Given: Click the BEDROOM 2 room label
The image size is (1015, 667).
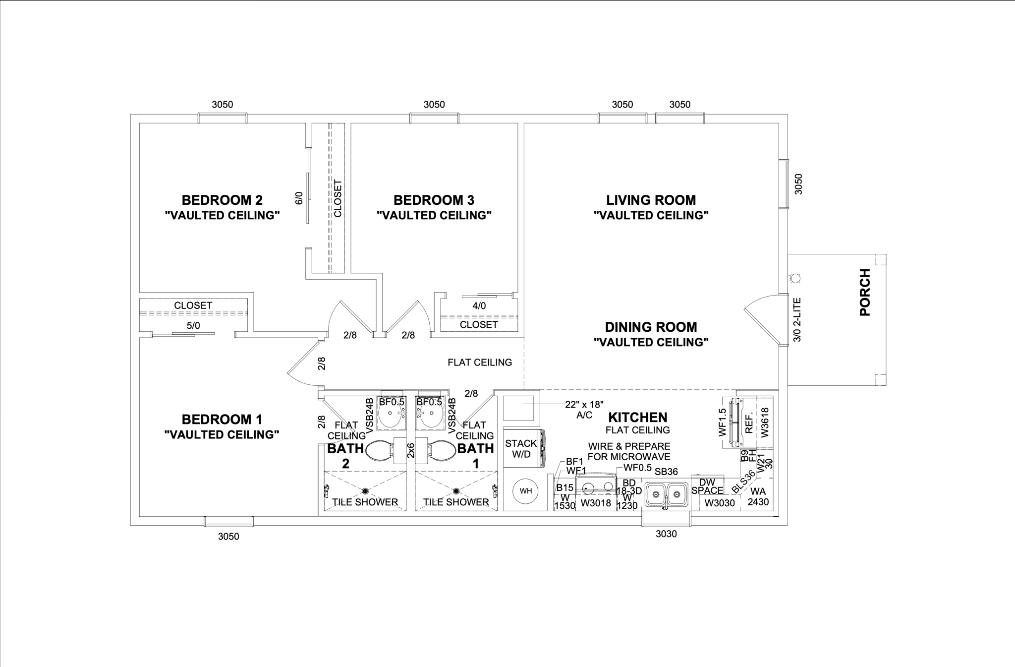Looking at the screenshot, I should point(222,200).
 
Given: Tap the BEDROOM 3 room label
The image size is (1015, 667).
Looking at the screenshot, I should point(434,200).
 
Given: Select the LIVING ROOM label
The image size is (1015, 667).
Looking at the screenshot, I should point(651,200).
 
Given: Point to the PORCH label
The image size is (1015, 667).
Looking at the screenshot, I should point(865,292).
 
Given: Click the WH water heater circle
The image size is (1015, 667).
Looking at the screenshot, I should point(525,491).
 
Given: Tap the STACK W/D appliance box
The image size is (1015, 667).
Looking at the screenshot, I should point(521,448).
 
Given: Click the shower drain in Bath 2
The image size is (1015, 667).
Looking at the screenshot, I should point(365,491).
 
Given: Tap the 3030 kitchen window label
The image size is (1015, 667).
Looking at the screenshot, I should point(666,534).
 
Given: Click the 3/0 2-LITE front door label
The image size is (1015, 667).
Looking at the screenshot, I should point(797,319).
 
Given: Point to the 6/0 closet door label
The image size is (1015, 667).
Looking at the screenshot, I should point(299,198).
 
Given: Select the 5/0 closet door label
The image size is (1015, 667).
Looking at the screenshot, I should point(193,326).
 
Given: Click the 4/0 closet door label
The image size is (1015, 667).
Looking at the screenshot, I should point(479,306).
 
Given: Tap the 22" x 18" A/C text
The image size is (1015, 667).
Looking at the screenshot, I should point(584,410).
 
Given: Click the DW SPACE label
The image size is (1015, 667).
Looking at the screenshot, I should point(707,486).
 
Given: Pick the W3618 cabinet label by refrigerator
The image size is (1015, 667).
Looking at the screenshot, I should point(765,422).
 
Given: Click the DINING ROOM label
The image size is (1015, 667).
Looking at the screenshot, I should point(651,327).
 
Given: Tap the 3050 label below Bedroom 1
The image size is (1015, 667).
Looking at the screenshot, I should point(228,537).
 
